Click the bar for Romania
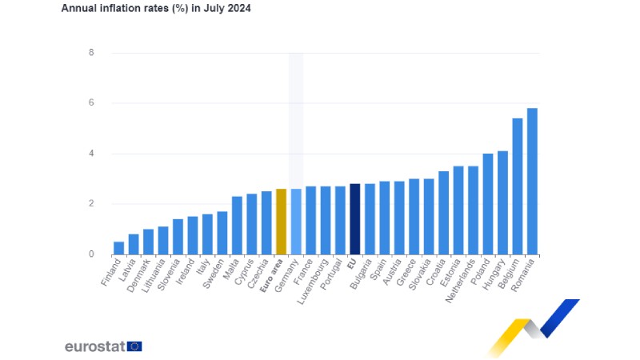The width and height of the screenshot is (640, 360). [532, 182]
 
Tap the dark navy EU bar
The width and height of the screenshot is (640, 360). [354, 219]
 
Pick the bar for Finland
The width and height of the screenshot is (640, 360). [118, 248]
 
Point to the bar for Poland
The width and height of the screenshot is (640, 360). [487, 204]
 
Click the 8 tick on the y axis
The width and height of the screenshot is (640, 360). [91, 53]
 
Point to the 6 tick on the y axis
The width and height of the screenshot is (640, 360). [91, 103]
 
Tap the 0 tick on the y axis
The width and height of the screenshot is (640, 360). [91, 254]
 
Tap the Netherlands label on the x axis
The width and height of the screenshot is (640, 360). [464, 280]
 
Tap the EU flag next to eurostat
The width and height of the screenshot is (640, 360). [134, 346]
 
